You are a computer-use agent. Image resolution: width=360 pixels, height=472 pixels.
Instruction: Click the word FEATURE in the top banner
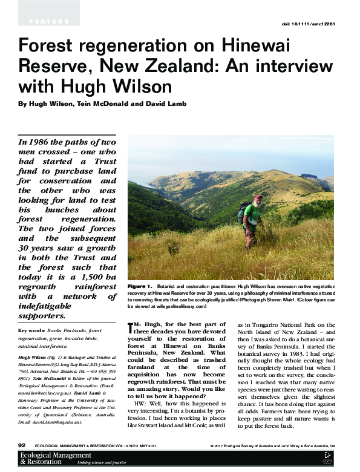click(x=48, y=22)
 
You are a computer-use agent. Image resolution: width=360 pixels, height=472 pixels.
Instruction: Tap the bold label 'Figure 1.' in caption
click(x=140, y=284)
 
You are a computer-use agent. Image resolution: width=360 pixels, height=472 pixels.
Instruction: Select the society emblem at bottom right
click(x=327, y=458)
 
